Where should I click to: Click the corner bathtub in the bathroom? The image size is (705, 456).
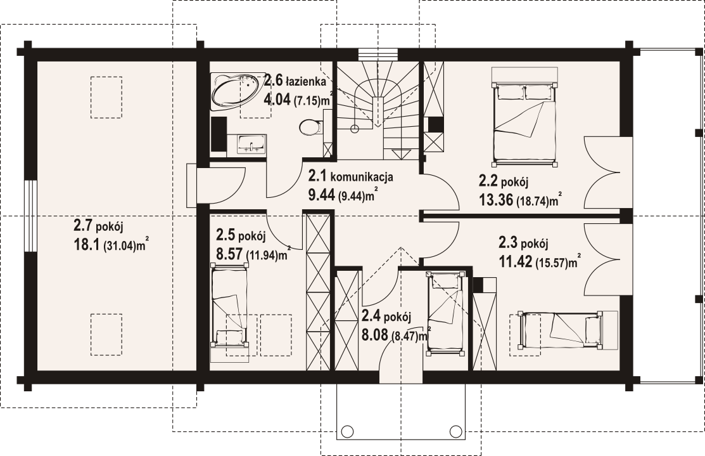[x=236, y=91]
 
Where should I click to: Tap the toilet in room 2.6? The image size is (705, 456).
[x=311, y=126]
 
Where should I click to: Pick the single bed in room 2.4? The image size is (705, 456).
[x=445, y=313]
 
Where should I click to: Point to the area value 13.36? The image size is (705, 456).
[x=496, y=200]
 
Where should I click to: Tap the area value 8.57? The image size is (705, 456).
[x=230, y=253]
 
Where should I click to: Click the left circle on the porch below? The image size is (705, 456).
[x=347, y=431]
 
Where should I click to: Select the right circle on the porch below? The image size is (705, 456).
[x=456, y=431]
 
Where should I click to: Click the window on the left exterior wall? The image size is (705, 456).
[x=30, y=216]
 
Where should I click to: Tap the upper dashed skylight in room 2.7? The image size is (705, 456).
[x=106, y=97]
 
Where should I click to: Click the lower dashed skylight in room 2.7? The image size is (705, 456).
[x=106, y=334]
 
